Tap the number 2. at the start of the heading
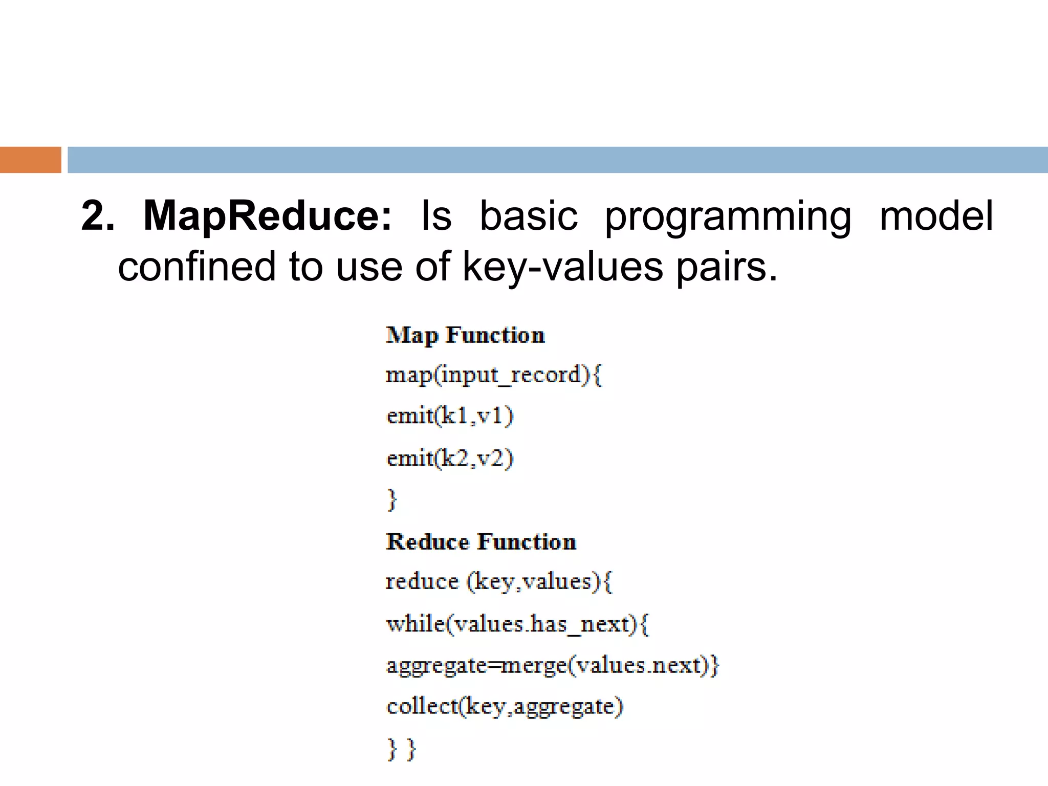point(98,216)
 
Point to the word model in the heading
point(936,216)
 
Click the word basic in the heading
point(528,216)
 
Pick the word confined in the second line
point(196,267)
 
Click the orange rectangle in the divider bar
point(30,160)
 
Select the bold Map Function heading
point(465,335)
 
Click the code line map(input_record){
point(493,375)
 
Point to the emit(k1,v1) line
point(449,416)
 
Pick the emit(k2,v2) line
point(449,458)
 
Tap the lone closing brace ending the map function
point(392,499)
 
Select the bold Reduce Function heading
point(481,542)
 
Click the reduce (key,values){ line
point(498,582)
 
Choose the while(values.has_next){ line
point(517,624)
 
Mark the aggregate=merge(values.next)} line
point(553,666)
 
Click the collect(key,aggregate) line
point(505,707)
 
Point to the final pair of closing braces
point(402,749)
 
